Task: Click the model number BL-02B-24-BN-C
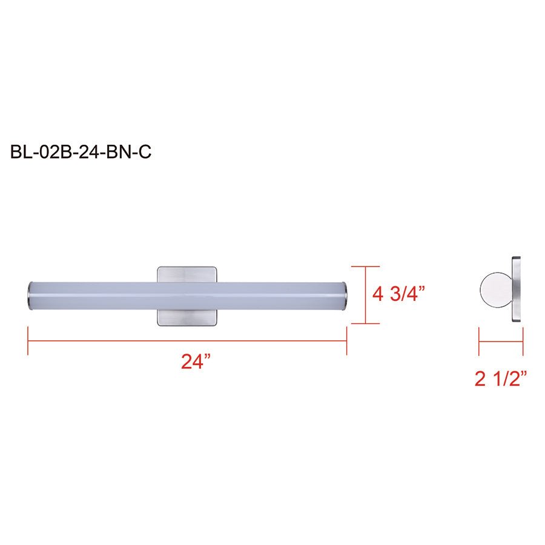coord(81,153)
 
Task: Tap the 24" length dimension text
coord(196,362)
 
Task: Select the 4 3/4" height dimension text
coord(399,294)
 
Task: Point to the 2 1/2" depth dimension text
coord(501,379)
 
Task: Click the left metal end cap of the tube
coord(30,294)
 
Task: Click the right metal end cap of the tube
coord(343,294)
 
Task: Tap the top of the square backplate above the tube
coord(187,273)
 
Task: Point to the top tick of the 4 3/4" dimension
coord(365,266)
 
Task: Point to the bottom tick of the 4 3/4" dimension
coord(365,323)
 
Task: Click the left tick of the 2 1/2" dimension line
coord(479,341)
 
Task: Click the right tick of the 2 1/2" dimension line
coord(523,341)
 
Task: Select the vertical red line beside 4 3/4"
coord(365,295)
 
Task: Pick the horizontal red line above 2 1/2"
coord(501,341)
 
